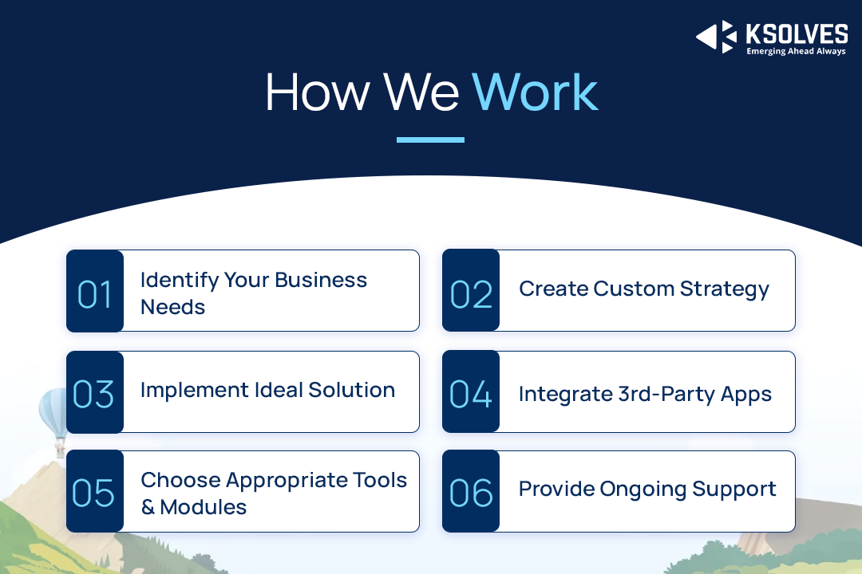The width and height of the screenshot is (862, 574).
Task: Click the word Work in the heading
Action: (x=535, y=92)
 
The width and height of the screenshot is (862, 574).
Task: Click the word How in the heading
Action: (x=318, y=92)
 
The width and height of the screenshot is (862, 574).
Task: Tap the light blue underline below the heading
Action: (x=430, y=140)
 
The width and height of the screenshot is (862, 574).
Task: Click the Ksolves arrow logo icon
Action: (x=716, y=37)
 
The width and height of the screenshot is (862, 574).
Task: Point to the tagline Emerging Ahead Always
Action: (x=796, y=51)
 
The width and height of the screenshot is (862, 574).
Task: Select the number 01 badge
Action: (x=95, y=291)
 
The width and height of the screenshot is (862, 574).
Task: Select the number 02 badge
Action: (x=471, y=290)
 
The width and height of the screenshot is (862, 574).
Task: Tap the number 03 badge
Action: (x=95, y=392)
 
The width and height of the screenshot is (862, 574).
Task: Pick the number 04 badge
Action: (x=471, y=391)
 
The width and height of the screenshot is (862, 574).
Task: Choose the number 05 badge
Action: (x=95, y=492)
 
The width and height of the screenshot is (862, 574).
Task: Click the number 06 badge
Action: (x=471, y=492)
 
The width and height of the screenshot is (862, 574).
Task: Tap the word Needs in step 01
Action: (x=172, y=307)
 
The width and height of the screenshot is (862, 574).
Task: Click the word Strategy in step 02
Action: (x=725, y=289)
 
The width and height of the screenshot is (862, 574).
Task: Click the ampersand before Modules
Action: (x=148, y=507)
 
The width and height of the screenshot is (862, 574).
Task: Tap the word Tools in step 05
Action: (x=380, y=480)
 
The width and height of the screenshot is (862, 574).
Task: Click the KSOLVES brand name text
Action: (x=797, y=34)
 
